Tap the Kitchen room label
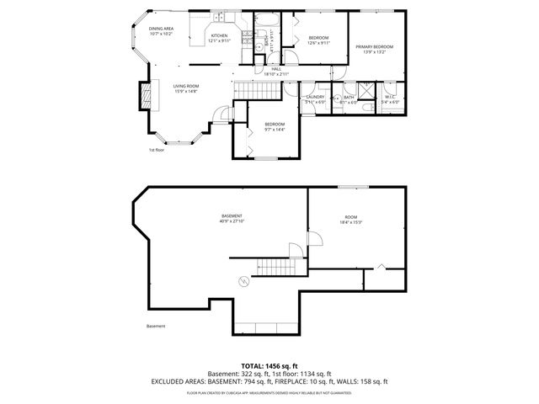point(219,35)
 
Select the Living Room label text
point(186,86)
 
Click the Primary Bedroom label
point(375,46)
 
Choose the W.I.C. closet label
point(390,97)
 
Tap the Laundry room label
point(315,97)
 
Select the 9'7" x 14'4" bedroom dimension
point(275,130)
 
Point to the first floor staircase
point(250,90)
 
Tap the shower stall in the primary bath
point(368,93)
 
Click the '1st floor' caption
point(155,150)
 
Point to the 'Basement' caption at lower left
point(156,327)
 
